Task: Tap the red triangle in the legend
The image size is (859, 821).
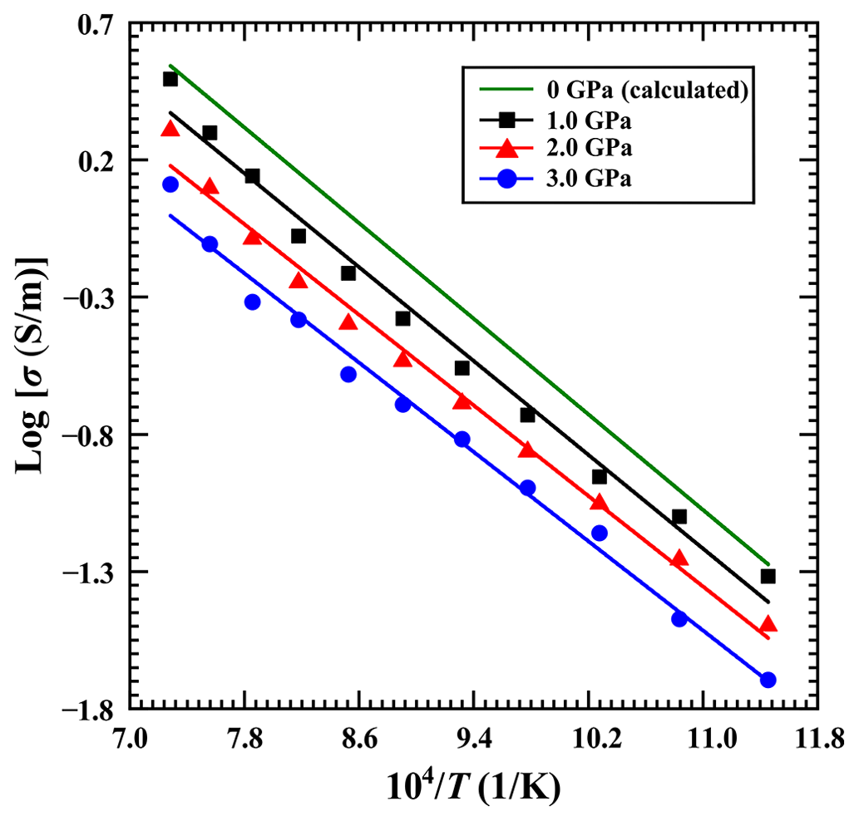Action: pyautogui.click(x=506, y=149)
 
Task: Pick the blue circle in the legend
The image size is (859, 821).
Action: pyautogui.click(x=506, y=179)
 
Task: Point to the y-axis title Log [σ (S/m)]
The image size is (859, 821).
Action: pyautogui.click(x=33, y=366)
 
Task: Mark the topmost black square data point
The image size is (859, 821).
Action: pyautogui.click(x=170, y=79)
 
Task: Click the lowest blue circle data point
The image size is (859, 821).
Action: pyautogui.click(x=768, y=680)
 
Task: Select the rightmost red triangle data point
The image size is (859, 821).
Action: pyautogui.click(x=768, y=624)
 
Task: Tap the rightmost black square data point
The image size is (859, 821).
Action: pyautogui.click(x=768, y=576)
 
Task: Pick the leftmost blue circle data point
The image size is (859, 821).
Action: pyautogui.click(x=170, y=184)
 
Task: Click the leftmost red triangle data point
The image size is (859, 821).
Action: pyautogui.click(x=170, y=129)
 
